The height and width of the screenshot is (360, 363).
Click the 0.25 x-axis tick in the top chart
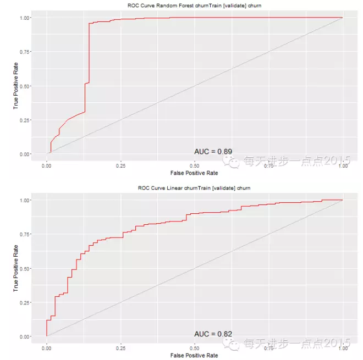point(120,165)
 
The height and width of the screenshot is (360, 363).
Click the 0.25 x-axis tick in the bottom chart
point(120,348)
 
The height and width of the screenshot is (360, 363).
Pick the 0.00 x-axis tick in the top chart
point(47,165)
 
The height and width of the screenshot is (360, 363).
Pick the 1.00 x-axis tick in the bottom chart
point(343,348)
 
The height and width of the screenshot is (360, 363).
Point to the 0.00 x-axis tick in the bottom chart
point(47,348)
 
